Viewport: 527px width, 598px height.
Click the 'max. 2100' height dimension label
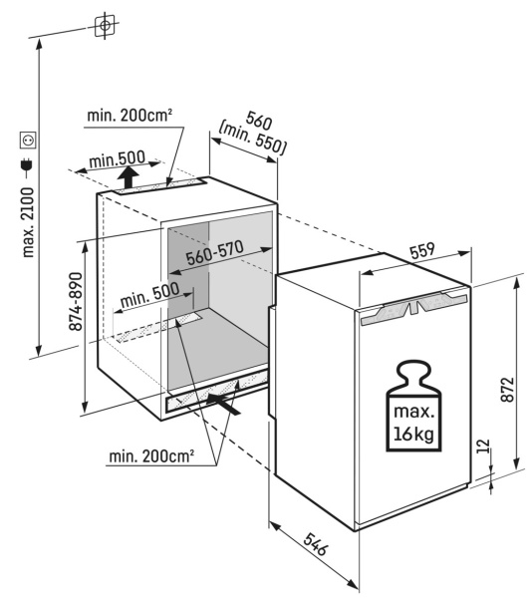tap(28, 222)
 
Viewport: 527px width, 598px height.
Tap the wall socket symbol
tap(28, 140)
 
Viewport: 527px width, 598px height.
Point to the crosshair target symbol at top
tap(105, 26)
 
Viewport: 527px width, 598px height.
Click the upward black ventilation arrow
tap(129, 178)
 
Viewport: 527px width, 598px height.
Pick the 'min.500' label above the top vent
tap(118, 159)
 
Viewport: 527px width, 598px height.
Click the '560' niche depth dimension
tap(259, 121)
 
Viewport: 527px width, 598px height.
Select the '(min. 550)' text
tap(252, 139)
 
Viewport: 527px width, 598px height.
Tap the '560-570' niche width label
tap(215, 252)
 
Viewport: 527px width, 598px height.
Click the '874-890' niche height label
tap(76, 301)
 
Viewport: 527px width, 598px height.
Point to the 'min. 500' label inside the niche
tap(149, 294)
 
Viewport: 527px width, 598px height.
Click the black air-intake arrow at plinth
tap(223, 403)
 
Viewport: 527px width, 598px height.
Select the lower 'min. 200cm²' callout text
tap(151, 455)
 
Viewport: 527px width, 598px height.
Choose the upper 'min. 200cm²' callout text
tap(130, 115)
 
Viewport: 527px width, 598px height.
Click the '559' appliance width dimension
tap(422, 250)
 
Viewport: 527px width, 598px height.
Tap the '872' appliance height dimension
tap(507, 390)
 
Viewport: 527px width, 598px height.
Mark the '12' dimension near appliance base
tap(483, 446)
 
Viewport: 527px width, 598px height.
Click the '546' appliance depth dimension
tap(316, 544)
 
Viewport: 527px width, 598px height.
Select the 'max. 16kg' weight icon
tap(413, 406)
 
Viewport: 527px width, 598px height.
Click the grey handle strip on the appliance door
tap(413, 307)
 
